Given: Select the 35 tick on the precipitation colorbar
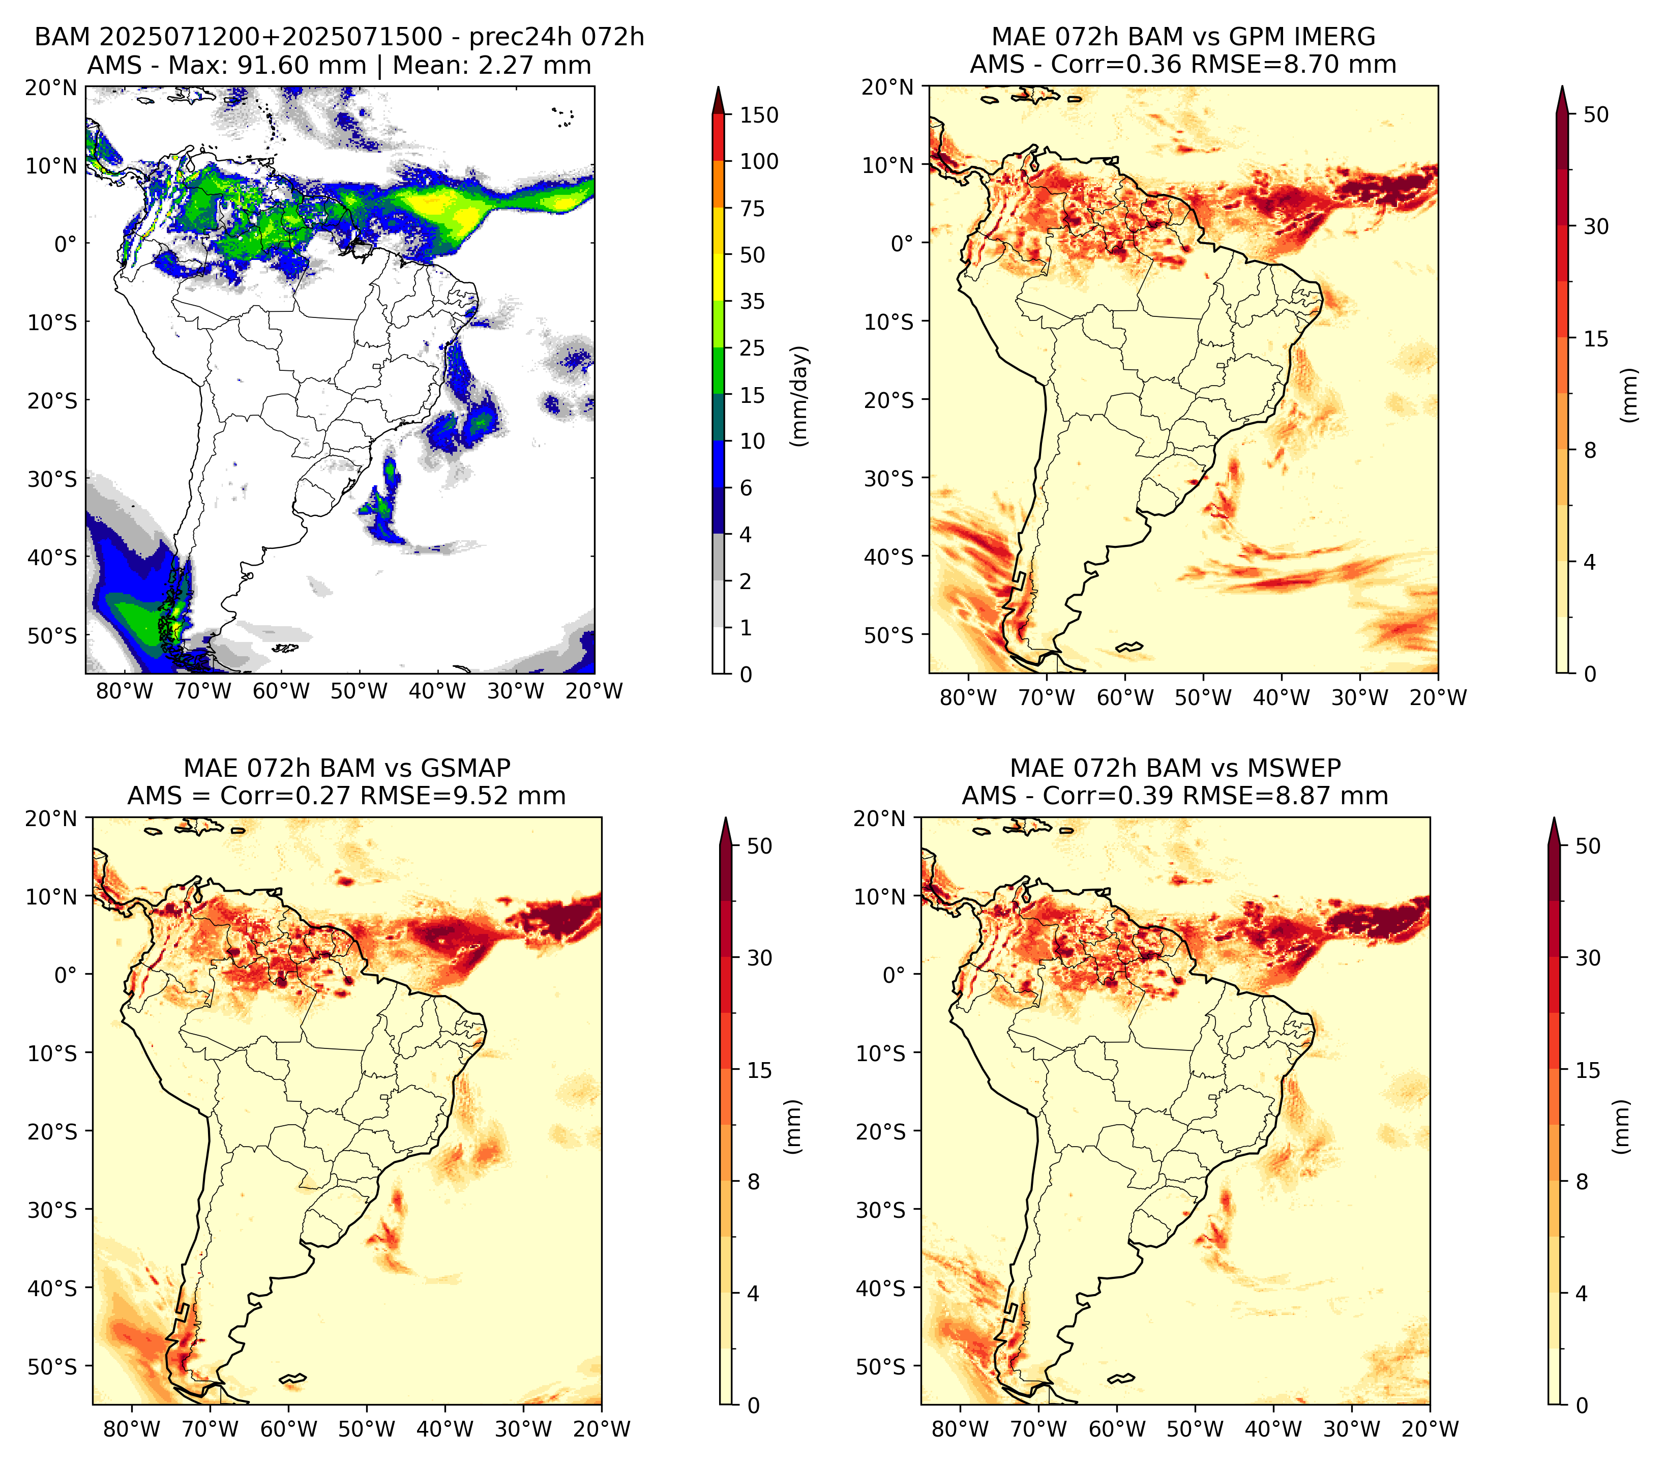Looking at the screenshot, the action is [753, 301].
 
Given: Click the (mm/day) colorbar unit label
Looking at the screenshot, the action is [801, 396].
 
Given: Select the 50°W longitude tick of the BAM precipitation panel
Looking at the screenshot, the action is [359, 691].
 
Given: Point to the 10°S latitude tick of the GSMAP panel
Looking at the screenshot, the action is [52, 1054].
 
